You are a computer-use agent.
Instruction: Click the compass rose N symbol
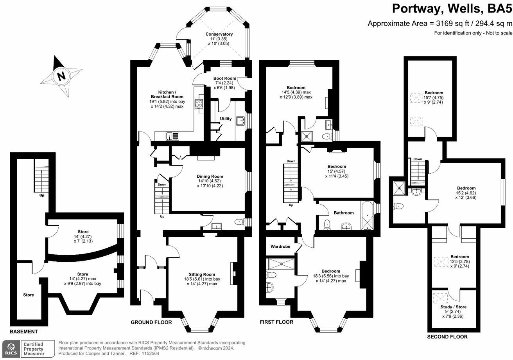(61, 76)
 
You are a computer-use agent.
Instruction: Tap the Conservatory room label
(219, 34)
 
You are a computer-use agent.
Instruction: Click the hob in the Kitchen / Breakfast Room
(199, 104)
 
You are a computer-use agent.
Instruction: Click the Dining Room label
(210, 176)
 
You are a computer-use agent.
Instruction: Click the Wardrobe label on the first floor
(281, 247)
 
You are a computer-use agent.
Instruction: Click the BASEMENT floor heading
(24, 331)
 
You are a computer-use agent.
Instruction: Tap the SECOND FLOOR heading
(447, 337)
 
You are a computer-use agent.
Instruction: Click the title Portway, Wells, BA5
(452, 9)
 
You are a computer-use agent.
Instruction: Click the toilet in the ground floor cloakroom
(239, 222)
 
